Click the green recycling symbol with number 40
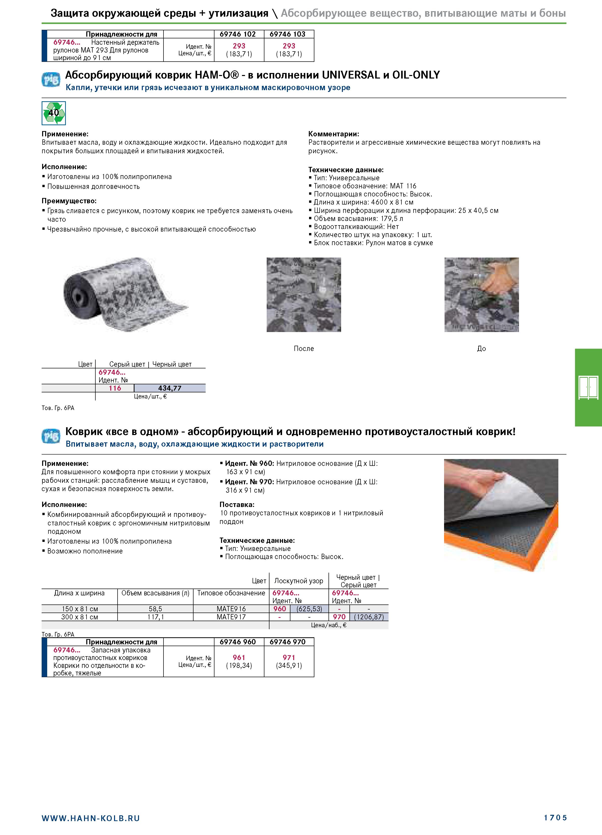[x=54, y=113]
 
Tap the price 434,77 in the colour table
[x=170, y=388]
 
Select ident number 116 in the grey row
[x=115, y=388]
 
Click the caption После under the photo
[x=304, y=348]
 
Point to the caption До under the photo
[x=481, y=348]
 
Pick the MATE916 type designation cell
[x=231, y=609]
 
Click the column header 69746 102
[x=238, y=34]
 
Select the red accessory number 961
[x=239, y=657]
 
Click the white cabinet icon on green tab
[x=588, y=388]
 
